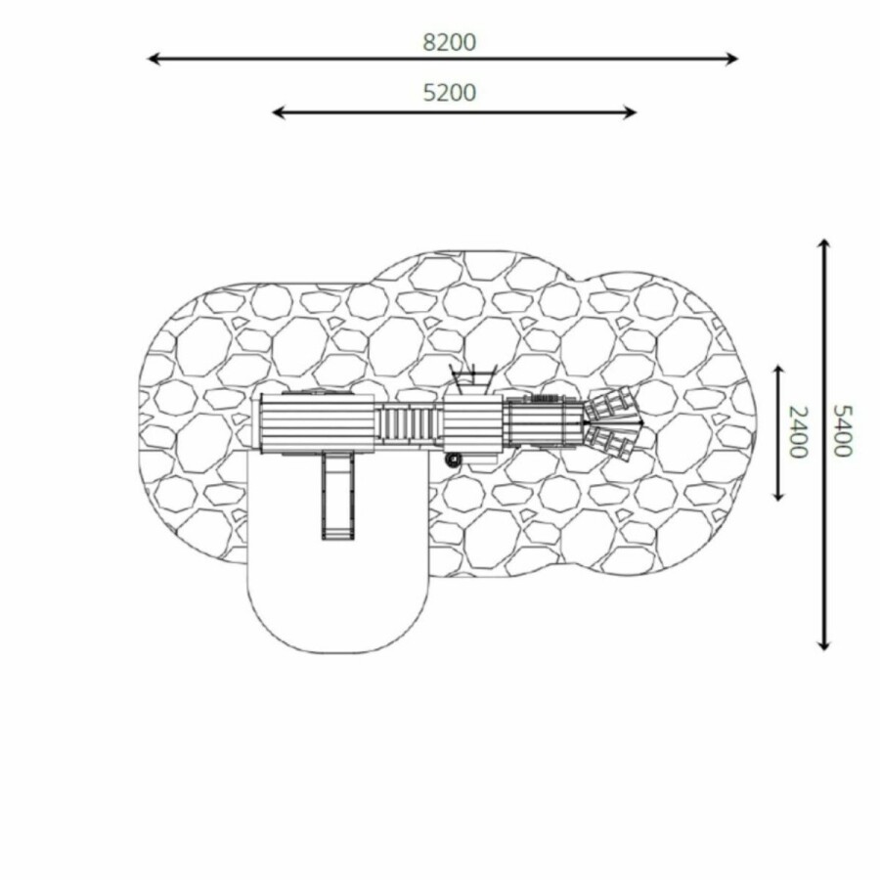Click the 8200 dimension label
(449, 43)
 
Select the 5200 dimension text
(449, 93)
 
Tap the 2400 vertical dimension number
(798, 431)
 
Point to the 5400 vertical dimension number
(842, 430)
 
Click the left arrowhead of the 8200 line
(154, 59)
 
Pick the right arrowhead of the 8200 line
(731, 59)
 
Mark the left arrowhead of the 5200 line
(279, 112)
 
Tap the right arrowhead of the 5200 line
(630, 112)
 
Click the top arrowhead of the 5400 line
(823, 245)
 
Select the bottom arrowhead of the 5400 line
(823, 644)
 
